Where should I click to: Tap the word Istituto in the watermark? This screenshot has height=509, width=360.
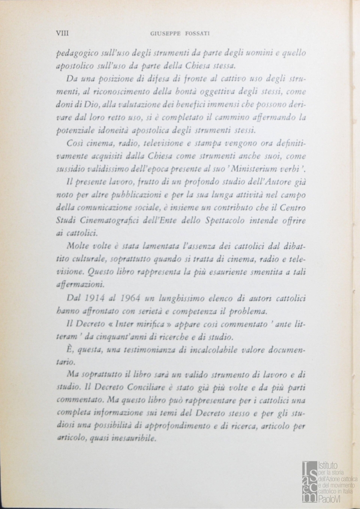[328, 466]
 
